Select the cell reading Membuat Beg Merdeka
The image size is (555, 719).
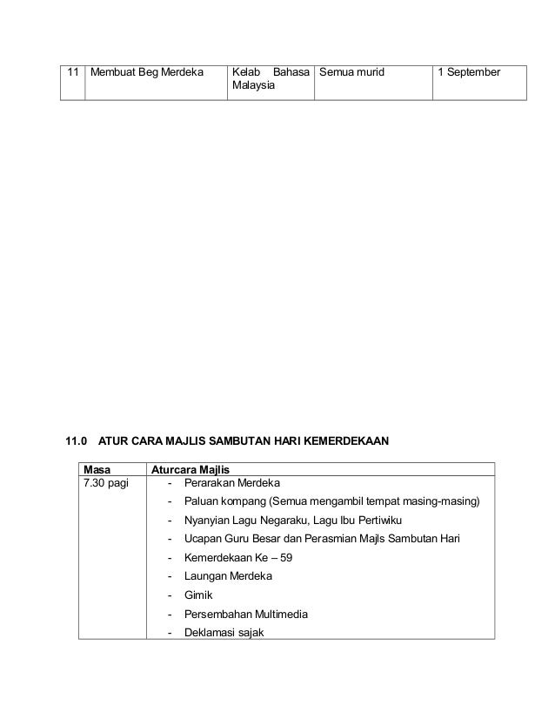(138, 72)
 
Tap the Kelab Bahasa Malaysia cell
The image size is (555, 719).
(269, 80)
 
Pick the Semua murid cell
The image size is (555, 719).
(351, 72)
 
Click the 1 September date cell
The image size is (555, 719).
(468, 72)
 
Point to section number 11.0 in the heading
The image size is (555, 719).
(77, 441)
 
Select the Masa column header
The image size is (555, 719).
(97, 469)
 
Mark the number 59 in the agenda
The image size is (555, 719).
(286, 558)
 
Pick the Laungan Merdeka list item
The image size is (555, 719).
(228, 576)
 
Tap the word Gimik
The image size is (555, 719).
(198, 595)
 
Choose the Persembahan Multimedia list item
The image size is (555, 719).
(246, 614)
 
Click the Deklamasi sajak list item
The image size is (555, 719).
(224, 633)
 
